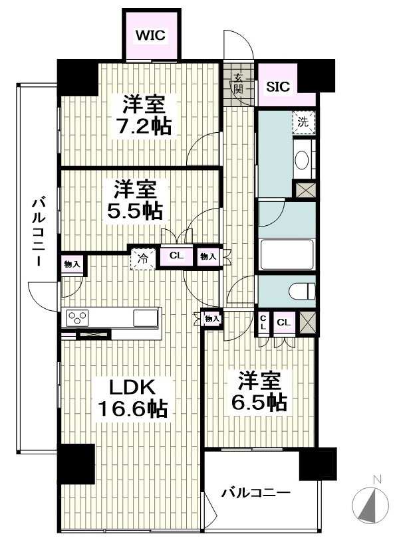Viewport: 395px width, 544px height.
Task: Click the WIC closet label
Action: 150,35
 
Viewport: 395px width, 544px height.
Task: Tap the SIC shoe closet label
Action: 278,86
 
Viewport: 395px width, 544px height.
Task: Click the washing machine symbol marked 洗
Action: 303,122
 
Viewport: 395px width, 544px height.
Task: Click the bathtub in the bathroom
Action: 287,254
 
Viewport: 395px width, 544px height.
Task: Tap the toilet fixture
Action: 303,291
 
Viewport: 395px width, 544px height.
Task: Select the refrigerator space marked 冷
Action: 143,259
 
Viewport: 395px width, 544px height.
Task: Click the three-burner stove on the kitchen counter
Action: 78,317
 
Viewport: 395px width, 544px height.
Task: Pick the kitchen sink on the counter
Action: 145,318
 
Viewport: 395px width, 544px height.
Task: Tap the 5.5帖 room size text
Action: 135,211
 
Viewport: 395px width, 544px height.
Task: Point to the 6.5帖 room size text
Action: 259,403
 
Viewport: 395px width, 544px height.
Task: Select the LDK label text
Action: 133,388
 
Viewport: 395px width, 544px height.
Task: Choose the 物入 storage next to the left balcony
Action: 72,264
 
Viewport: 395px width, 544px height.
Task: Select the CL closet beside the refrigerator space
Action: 176,256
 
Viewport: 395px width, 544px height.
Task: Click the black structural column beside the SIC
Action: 316,76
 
